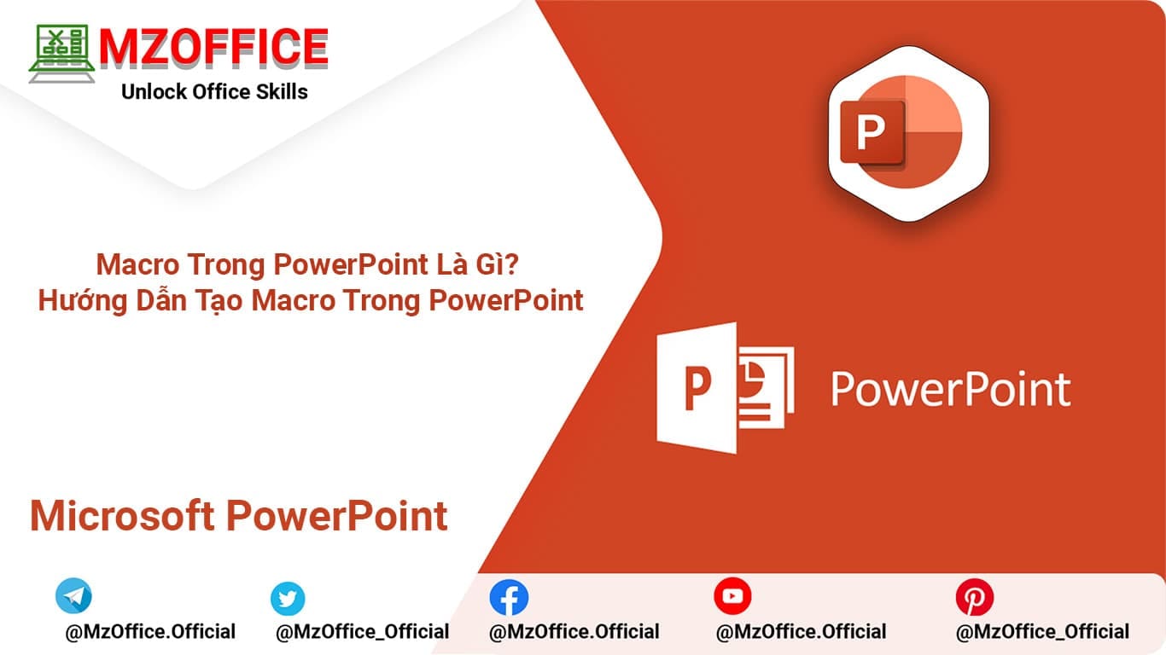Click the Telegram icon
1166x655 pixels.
(x=73, y=596)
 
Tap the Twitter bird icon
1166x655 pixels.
(x=288, y=599)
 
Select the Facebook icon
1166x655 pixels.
(x=509, y=598)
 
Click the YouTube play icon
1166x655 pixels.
(x=732, y=596)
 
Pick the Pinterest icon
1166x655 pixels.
(x=974, y=597)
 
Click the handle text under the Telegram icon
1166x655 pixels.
(x=150, y=632)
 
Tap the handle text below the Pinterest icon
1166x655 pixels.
(x=1042, y=632)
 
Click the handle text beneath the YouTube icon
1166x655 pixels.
(x=801, y=632)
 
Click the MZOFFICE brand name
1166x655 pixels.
(x=213, y=47)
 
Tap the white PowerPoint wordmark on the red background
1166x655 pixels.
(x=950, y=389)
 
